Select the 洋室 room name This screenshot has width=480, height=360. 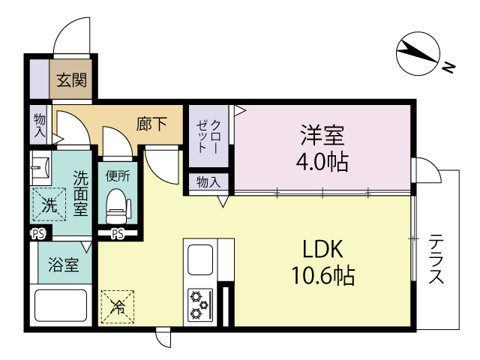[323, 136]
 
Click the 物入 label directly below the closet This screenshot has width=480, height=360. [208, 182]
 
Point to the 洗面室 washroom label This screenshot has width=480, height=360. [80, 192]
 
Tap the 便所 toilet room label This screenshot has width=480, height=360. [117, 177]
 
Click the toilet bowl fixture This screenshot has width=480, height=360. [117, 204]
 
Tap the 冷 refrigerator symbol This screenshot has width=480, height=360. [118, 306]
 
